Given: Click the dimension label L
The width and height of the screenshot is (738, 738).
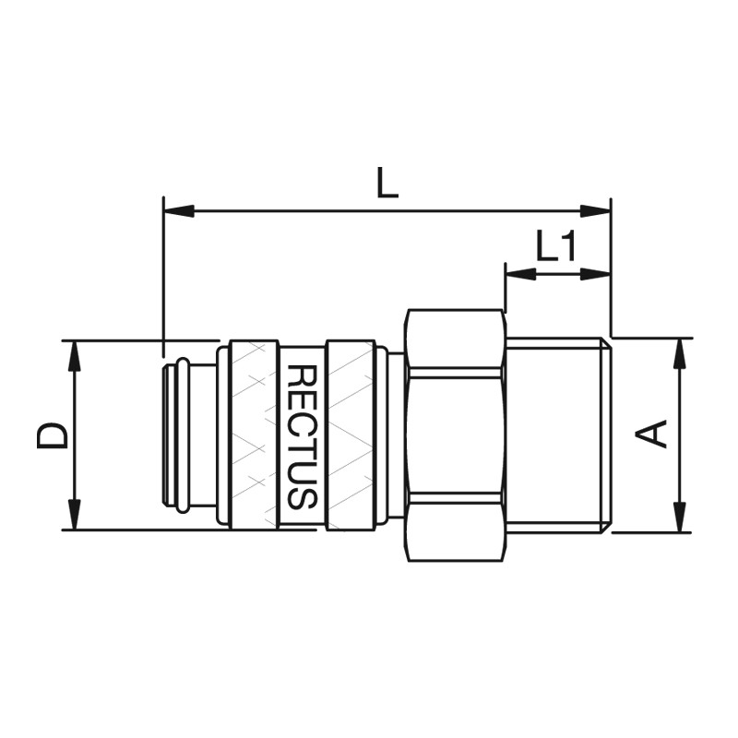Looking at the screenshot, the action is [387, 183].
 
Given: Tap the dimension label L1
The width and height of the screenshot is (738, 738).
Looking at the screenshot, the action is [556, 245].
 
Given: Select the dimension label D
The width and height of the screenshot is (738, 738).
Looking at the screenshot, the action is [53, 434].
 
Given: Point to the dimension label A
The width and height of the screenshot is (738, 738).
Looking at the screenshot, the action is [651, 433].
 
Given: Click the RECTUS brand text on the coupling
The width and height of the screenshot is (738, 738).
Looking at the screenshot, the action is [302, 436].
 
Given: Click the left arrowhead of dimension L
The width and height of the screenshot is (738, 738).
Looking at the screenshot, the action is [178, 211].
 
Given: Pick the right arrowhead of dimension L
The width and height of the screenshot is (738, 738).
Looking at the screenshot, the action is [595, 211].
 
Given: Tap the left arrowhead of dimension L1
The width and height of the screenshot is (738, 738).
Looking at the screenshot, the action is [520, 274].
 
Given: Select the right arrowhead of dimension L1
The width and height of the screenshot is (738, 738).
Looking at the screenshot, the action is [595, 274].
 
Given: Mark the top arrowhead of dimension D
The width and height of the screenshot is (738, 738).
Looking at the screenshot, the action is [75, 356].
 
